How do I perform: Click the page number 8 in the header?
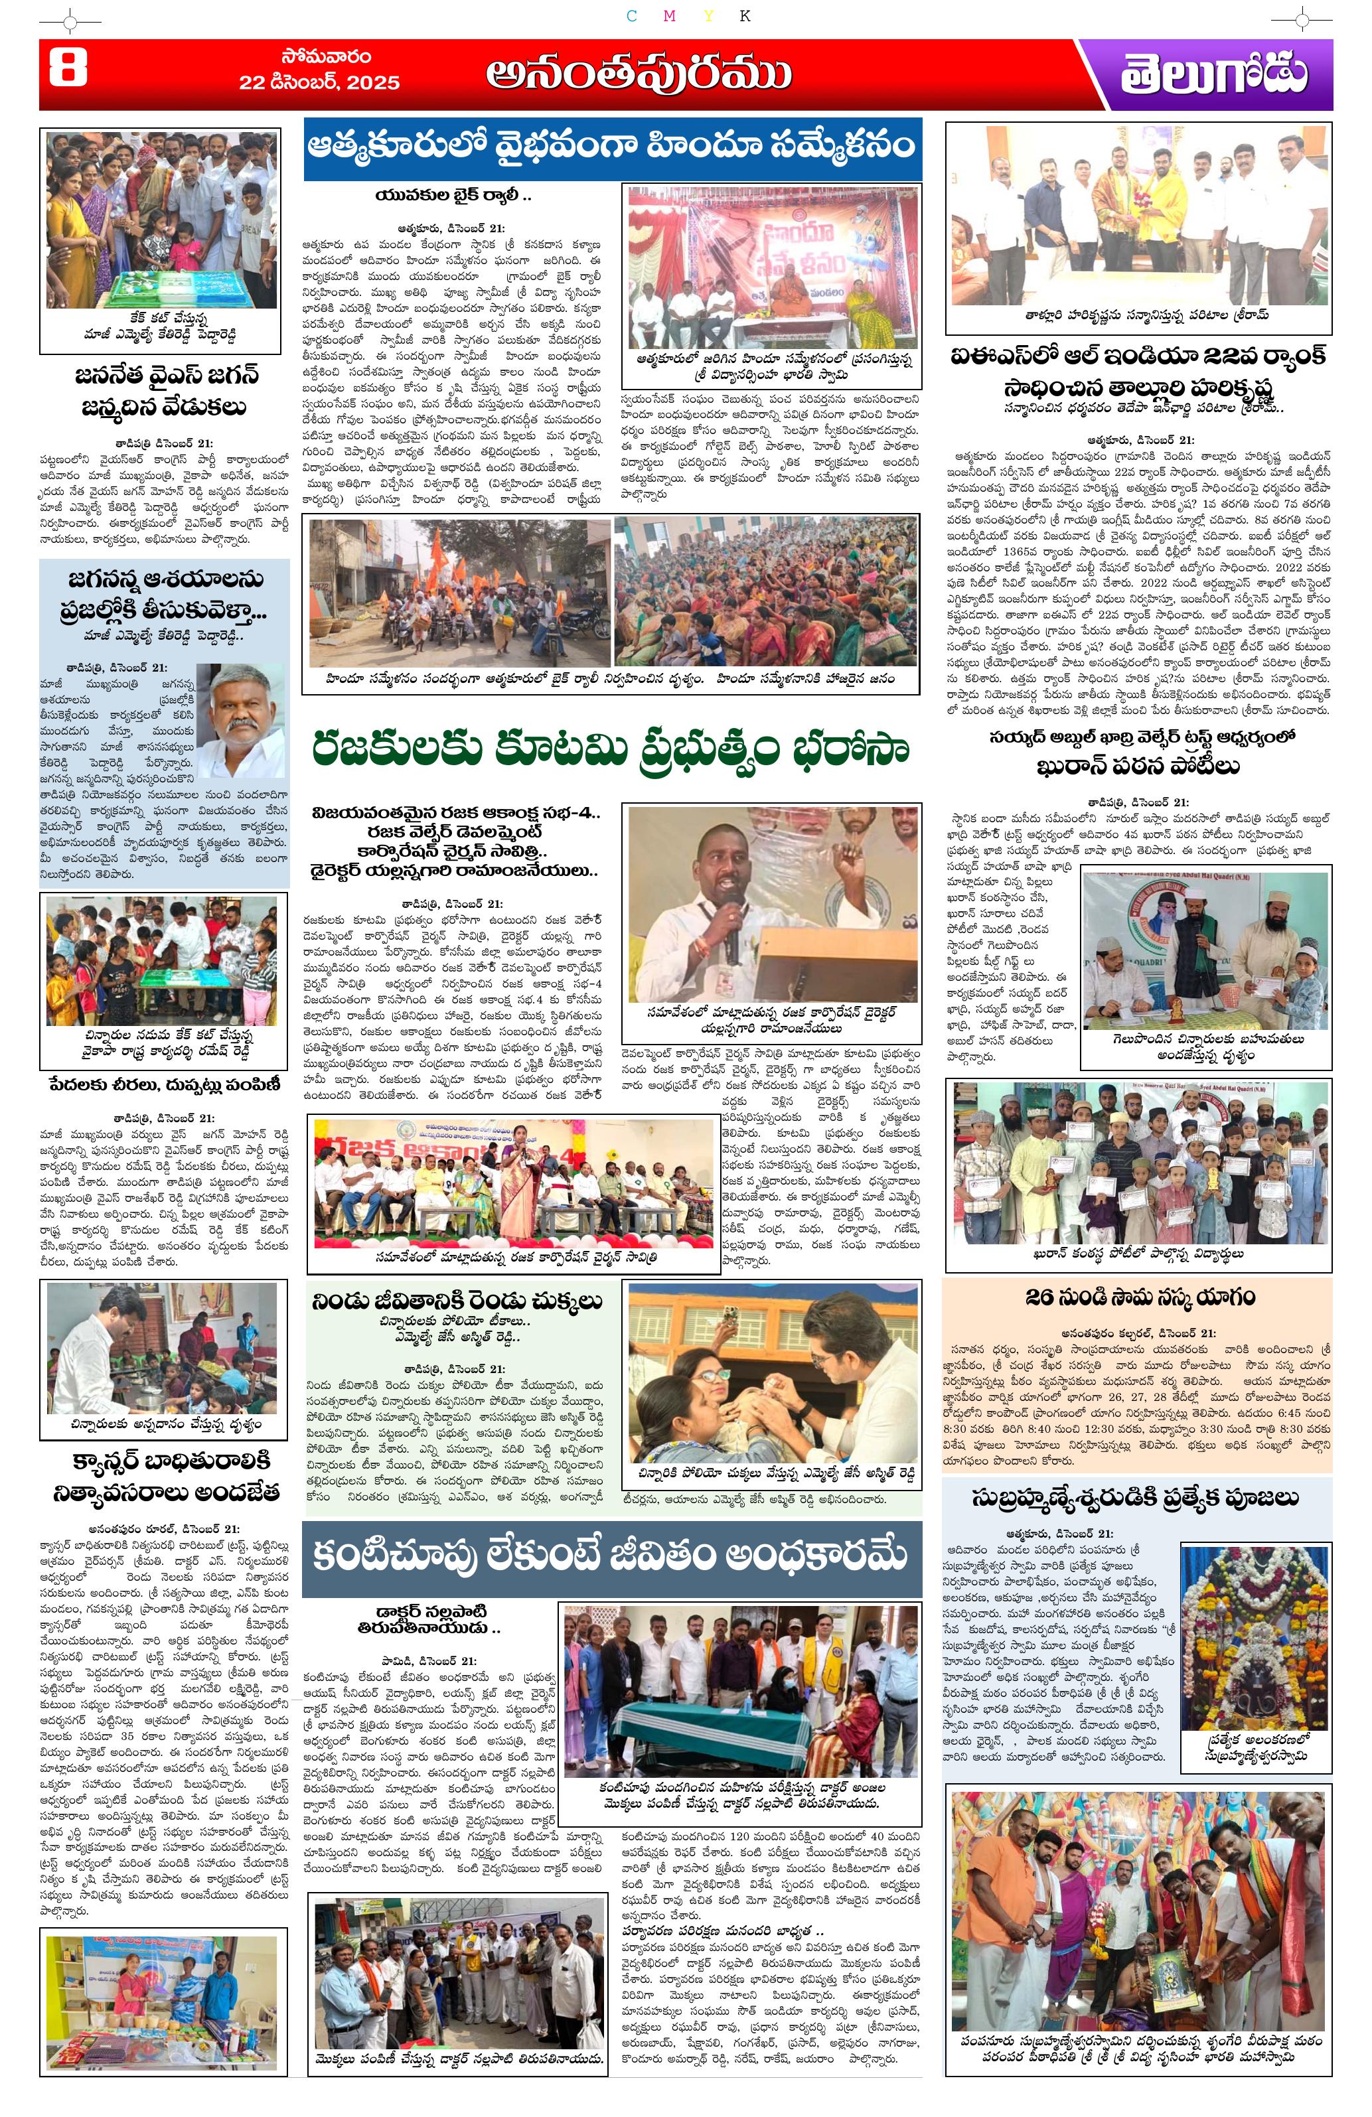(x=67, y=68)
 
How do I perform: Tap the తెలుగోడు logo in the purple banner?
(x=1213, y=74)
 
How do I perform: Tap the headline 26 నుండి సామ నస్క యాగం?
(x=1139, y=1297)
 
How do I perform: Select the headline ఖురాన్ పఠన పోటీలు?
(x=1138, y=766)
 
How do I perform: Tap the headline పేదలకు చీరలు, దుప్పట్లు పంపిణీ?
(x=165, y=1084)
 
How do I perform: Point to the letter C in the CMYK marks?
(x=631, y=16)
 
